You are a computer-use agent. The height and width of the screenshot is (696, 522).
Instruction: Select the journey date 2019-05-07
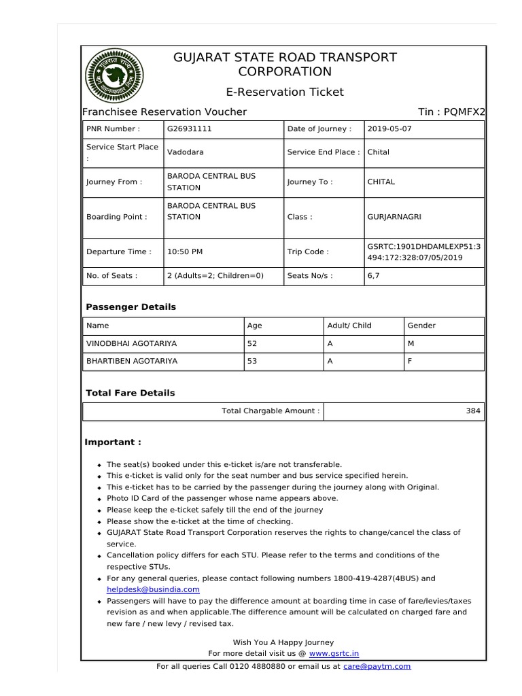pos(389,128)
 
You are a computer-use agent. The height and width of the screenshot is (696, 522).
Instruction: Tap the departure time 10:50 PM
pos(185,251)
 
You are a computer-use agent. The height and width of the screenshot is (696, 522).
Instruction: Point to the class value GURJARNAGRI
pos(396,217)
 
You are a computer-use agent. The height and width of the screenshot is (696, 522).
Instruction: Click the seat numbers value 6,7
pos(375,276)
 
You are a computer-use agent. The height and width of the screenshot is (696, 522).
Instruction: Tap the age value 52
pos(252,343)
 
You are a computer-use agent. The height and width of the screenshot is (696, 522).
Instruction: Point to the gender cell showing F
pos(410,361)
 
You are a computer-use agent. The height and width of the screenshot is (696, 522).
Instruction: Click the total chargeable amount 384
pos(473,411)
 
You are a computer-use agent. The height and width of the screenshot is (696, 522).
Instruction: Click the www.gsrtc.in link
pos(334,653)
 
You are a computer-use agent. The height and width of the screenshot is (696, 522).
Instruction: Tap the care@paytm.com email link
pos(377,666)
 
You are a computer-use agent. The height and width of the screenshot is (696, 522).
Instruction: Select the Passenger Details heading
pos(130,307)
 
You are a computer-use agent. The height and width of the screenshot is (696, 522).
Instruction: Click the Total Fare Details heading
pos(130,393)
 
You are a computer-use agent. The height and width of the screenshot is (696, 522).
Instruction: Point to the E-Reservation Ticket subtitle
pos(285,92)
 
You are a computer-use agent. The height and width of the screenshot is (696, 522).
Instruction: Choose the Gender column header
pos(421,326)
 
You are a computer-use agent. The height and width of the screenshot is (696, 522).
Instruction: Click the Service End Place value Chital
pos(379,152)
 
